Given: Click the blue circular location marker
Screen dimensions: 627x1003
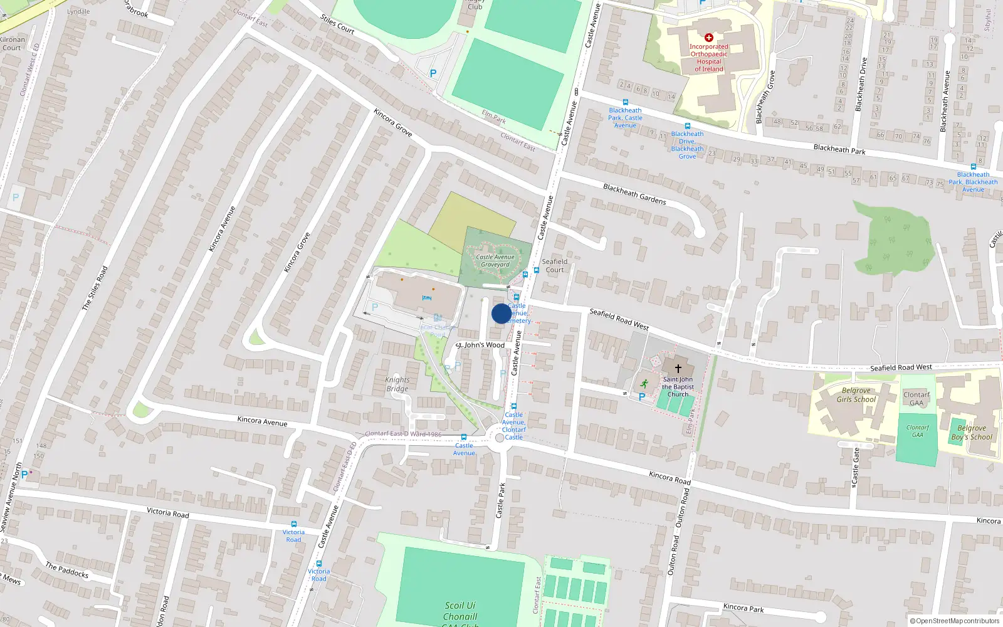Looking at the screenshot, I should coord(501,313).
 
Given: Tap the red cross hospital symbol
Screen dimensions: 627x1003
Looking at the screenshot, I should coord(709,38).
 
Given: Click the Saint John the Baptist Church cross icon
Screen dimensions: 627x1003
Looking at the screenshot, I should coord(678,369).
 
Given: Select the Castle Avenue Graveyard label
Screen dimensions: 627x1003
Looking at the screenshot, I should coord(495,261).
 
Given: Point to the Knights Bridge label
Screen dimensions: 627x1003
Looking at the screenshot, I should coord(397,384).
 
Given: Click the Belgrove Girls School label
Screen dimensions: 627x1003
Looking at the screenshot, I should coord(856,395).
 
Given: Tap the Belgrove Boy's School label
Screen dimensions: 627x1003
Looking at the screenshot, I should coord(972,433).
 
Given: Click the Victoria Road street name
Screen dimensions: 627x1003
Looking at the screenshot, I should coord(168,512).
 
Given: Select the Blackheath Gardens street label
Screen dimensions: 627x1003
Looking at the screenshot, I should coord(634,194).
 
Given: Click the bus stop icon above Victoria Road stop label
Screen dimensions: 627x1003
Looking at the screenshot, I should coord(293,524).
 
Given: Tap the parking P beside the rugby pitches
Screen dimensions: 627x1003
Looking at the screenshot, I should coord(433,73).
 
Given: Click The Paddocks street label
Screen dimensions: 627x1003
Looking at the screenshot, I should coord(67,570).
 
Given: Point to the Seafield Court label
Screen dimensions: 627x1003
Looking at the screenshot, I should coord(555,266).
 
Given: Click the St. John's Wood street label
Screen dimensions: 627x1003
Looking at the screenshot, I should coord(480,345).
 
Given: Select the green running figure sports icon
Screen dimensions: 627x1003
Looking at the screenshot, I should coord(644,384).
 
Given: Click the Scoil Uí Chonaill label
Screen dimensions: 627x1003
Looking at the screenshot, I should coord(461,611).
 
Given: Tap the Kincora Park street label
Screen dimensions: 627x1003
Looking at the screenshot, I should coord(743,608).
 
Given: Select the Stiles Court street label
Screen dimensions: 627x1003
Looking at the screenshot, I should coord(338,24).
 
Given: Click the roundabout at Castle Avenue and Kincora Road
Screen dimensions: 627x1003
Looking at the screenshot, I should coord(500,438).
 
